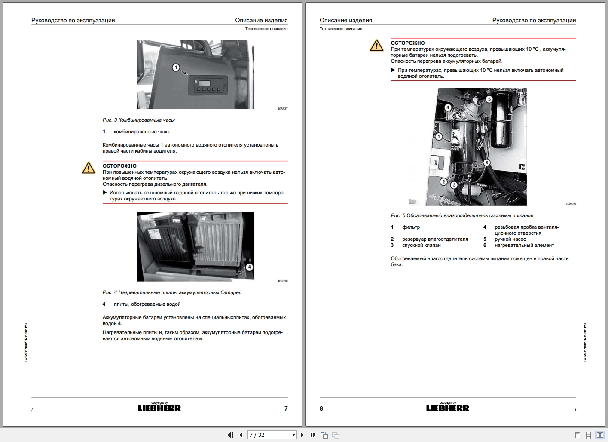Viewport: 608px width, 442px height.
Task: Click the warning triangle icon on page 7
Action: coord(89,168)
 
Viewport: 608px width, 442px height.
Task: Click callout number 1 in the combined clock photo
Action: coord(175,67)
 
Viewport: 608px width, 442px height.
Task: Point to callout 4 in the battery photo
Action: coord(249,267)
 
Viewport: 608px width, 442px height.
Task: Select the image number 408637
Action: coord(282,109)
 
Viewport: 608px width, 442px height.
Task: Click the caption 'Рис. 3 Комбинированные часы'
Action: coord(139,120)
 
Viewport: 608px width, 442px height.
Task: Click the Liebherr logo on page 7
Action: coord(159,408)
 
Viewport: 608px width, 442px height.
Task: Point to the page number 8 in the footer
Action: coord(321,408)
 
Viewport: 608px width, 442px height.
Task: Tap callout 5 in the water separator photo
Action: coord(489,99)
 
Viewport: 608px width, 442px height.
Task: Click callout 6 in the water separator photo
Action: coord(486,163)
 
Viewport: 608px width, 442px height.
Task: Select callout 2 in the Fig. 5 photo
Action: coord(443,182)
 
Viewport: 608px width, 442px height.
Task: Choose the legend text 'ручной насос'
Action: coord(510,239)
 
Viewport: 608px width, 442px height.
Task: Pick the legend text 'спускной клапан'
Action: coord(421,245)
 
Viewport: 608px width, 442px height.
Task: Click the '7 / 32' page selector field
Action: coord(272,435)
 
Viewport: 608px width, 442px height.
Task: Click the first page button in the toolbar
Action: coord(230,435)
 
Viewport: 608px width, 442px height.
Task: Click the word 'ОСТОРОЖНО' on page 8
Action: coord(407,43)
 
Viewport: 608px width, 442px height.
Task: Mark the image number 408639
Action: coord(571,204)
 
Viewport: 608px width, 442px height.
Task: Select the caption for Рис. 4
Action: coord(172,292)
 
